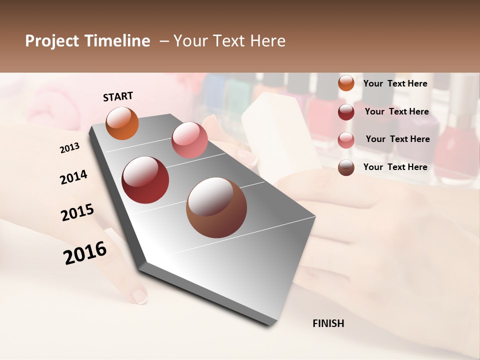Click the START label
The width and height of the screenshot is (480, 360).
[x=118, y=96]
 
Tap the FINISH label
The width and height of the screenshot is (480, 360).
[x=328, y=323]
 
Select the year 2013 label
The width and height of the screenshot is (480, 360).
[x=70, y=147]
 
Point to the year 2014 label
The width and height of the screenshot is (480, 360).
[x=73, y=177]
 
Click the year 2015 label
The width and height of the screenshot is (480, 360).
[x=77, y=212]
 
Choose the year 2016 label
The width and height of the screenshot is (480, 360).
[x=85, y=252]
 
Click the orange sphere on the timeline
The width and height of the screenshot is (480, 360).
[x=122, y=123]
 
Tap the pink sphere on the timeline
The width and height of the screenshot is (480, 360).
[x=189, y=139]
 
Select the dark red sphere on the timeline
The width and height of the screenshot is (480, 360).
[x=145, y=180]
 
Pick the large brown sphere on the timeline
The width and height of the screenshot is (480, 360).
[x=216, y=207]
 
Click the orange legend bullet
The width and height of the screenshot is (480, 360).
[x=346, y=83]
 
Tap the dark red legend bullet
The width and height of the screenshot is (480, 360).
[x=346, y=111]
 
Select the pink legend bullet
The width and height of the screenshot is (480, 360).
[x=346, y=139]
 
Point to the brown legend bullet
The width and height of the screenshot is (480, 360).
[x=346, y=167]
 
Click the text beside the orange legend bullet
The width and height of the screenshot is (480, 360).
[x=395, y=83]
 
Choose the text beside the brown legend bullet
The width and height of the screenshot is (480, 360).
[x=395, y=167]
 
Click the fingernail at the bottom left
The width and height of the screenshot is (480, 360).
[x=140, y=296]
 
